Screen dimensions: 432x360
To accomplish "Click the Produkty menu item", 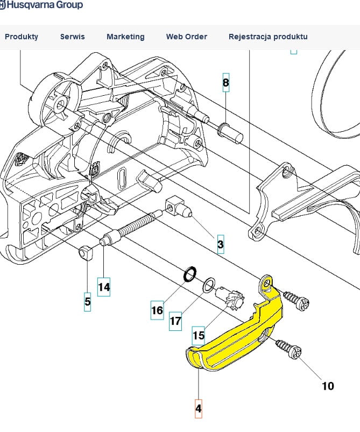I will point(22,37).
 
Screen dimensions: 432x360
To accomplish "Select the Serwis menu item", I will point(72,37).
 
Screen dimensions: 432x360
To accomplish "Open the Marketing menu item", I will point(125,37).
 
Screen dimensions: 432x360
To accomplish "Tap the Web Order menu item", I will point(186,37).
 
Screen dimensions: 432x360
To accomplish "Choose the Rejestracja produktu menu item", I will point(268,37).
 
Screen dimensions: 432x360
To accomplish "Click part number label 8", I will point(225,83).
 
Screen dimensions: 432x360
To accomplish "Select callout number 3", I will point(220,245).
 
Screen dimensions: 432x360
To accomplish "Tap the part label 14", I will point(104,287).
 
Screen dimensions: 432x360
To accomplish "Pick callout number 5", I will point(88,302).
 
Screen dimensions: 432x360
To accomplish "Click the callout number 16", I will point(157,310).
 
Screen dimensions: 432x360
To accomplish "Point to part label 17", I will point(175,321).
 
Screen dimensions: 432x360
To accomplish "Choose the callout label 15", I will point(199,335).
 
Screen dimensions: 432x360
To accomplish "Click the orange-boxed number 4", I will point(198,408).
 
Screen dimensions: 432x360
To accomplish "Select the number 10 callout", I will point(327,386).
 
